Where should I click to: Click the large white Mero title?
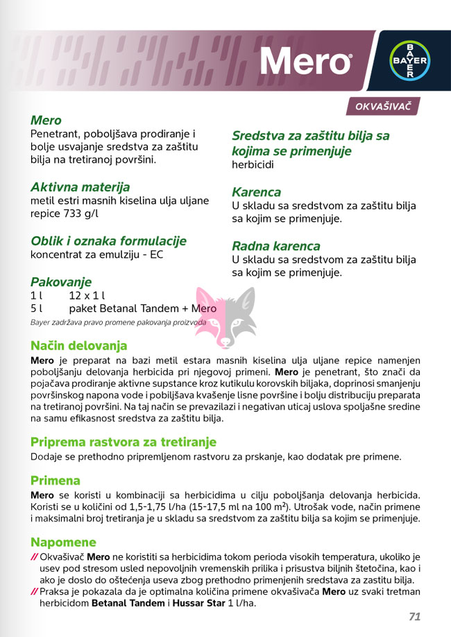click(x=305, y=62)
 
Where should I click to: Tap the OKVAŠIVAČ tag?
click(x=383, y=107)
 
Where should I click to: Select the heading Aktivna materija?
click(x=80, y=187)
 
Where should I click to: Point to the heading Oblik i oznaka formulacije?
click(x=108, y=241)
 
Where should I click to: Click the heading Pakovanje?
click(x=61, y=282)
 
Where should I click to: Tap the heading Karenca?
click(x=257, y=192)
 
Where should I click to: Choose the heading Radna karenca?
click(x=276, y=246)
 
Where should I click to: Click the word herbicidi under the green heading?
click(x=253, y=165)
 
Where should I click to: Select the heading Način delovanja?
click(x=79, y=345)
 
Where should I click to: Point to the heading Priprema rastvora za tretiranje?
click(x=124, y=442)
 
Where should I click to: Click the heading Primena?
click(x=56, y=480)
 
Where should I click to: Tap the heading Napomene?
click(x=63, y=541)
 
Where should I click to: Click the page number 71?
click(x=415, y=616)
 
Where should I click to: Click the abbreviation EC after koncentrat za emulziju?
click(x=157, y=255)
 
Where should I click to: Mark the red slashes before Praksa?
click(x=34, y=591)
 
